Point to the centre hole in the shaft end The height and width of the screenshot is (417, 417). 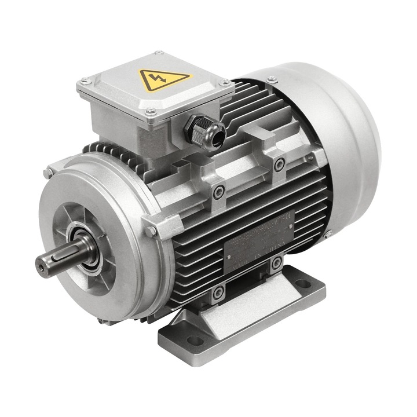coord(41,268)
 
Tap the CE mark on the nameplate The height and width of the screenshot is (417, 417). coord(288,219)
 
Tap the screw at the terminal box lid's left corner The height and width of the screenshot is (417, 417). coord(85,81)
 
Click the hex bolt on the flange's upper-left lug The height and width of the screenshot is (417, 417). coord(48,172)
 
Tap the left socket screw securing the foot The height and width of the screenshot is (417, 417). coord(218,292)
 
